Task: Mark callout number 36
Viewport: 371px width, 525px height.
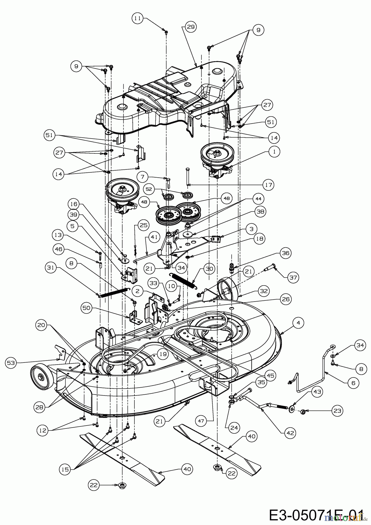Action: (x=286, y=253)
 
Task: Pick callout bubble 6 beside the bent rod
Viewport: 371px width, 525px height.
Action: (x=353, y=383)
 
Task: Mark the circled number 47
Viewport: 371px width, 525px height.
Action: (x=202, y=421)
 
